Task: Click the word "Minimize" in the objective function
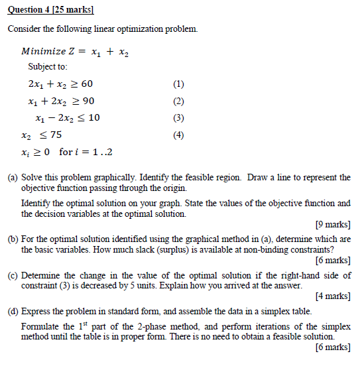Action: click(44, 51)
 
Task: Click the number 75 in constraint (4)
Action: click(56, 135)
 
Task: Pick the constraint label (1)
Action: click(177, 84)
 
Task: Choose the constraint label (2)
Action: click(177, 101)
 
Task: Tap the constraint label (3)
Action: click(177, 118)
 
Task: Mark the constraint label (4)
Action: click(177, 135)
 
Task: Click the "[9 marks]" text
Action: click(333, 223)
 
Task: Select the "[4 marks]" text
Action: click(333, 296)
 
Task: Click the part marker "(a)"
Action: click(13, 178)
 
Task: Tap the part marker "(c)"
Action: click(13, 275)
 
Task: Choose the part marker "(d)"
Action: click(13, 311)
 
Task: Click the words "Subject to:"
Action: click(48, 67)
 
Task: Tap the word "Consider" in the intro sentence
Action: click(25, 30)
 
